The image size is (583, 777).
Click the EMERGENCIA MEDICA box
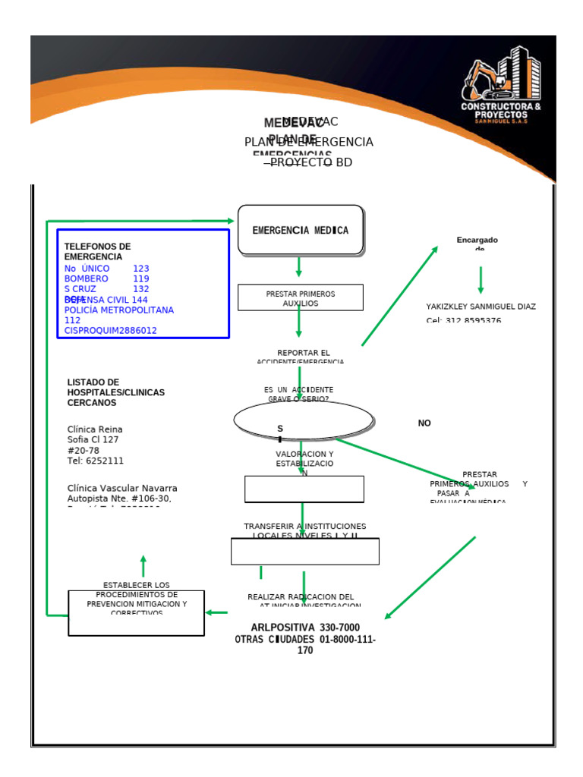point(301,230)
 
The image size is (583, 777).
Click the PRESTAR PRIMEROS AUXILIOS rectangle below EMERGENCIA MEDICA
point(301,297)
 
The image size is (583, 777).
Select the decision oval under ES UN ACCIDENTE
point(304,420)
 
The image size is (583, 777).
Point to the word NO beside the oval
point(424,423)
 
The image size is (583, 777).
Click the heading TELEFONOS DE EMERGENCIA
point(97,252)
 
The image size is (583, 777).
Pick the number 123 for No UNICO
point(141,269)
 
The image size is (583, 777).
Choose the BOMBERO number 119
point(141,278)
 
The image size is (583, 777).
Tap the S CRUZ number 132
point(141,289)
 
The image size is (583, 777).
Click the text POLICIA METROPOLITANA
point(119,310)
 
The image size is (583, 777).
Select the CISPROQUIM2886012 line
point(111,331)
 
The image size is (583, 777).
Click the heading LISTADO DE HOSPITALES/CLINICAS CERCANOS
point(115,392)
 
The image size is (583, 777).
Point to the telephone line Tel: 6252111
point(96,461)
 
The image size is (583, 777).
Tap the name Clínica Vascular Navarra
point(122,488)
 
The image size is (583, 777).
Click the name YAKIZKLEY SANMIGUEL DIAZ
point(481,307)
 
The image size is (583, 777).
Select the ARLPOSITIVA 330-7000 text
point(305,628)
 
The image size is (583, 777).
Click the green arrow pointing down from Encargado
point(481,280)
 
